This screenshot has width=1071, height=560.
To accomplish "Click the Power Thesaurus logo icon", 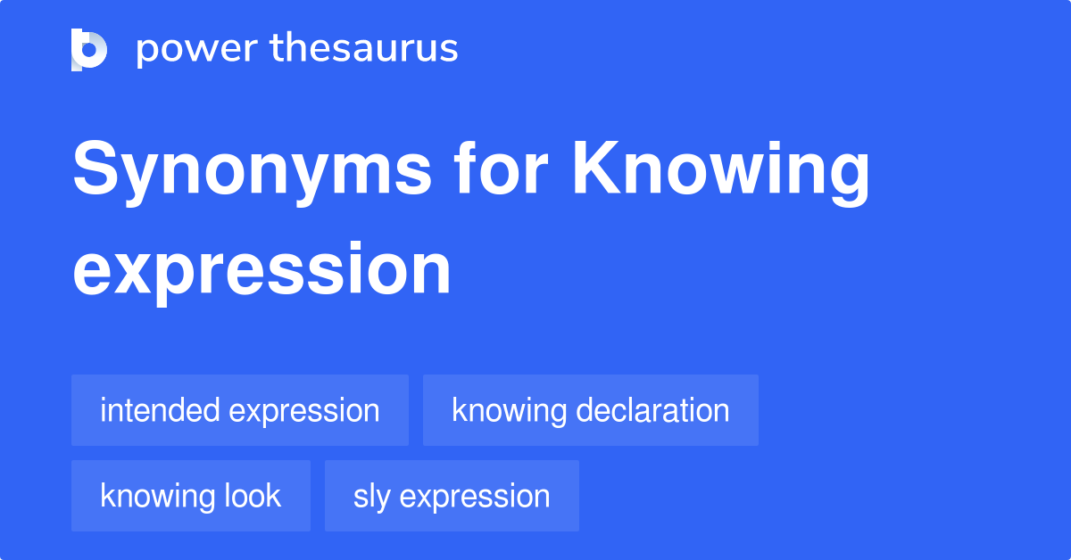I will [x=89, y=49].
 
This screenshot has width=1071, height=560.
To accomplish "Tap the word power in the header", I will [x=191, y=49].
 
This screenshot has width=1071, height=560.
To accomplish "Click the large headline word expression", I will [x=262, y=269].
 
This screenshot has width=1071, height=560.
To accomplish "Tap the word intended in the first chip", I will [x=160, y=411].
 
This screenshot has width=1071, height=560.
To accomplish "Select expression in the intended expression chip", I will [x=304, y=412].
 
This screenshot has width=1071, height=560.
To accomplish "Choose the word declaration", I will [x=653, y=411].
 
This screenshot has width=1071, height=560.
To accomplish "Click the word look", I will [x=254, y=497].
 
